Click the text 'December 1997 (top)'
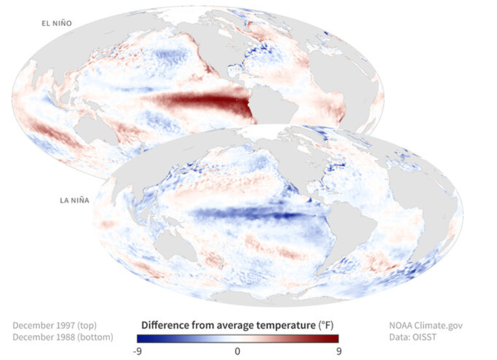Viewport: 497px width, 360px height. tap(54, 325)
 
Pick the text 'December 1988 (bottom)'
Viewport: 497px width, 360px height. tap(62, 337)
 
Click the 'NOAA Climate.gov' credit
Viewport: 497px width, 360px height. tap(425, 325)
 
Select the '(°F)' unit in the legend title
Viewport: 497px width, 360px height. tap(324, 325)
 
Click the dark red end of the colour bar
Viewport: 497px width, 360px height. tap(334, 339)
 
